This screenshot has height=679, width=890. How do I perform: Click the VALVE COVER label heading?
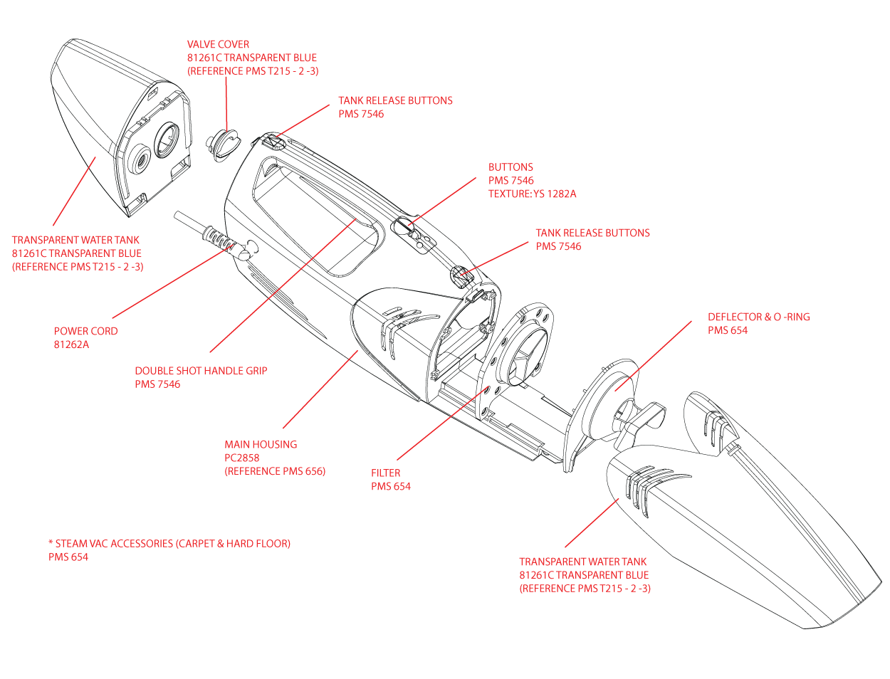coord(218,44)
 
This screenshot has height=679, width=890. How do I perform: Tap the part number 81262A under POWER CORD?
coord(71,344)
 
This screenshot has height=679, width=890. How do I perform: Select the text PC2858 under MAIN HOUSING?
coord(241,458)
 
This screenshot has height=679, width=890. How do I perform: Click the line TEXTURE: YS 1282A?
coord(532,194)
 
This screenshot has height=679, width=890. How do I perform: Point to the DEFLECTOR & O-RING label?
coord(758,317)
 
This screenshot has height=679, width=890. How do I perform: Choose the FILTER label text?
coord(385,473)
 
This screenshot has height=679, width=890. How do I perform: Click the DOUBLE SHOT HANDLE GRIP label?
coord(201,370)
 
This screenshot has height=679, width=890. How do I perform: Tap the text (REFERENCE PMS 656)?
coord(275,471)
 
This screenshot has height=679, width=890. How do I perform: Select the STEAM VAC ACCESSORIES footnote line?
coord(169,543)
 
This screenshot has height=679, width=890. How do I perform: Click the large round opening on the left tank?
coord(169,138)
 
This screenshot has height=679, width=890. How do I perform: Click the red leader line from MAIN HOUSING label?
coord(320,389)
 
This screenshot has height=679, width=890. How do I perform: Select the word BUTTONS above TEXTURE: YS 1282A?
coord(511,167)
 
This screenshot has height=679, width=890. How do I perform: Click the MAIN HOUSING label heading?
coord(261,444)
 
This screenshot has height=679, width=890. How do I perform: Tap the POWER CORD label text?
coord(85,331)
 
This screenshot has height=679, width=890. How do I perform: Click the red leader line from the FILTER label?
coord(441,424)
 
